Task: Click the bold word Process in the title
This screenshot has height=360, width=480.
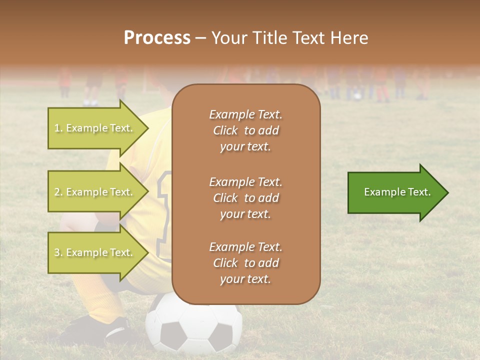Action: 157,38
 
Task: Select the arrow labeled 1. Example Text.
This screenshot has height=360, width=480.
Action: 95,128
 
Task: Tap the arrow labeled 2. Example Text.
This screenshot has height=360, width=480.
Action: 95,192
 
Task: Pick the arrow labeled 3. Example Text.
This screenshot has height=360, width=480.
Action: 95,252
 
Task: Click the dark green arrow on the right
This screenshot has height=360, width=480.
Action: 395,192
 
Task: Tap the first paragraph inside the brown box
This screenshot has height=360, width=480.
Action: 245,130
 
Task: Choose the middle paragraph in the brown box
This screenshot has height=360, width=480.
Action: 245,198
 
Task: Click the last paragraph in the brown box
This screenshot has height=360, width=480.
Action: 245,263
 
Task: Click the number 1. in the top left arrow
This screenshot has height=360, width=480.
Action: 58,128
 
